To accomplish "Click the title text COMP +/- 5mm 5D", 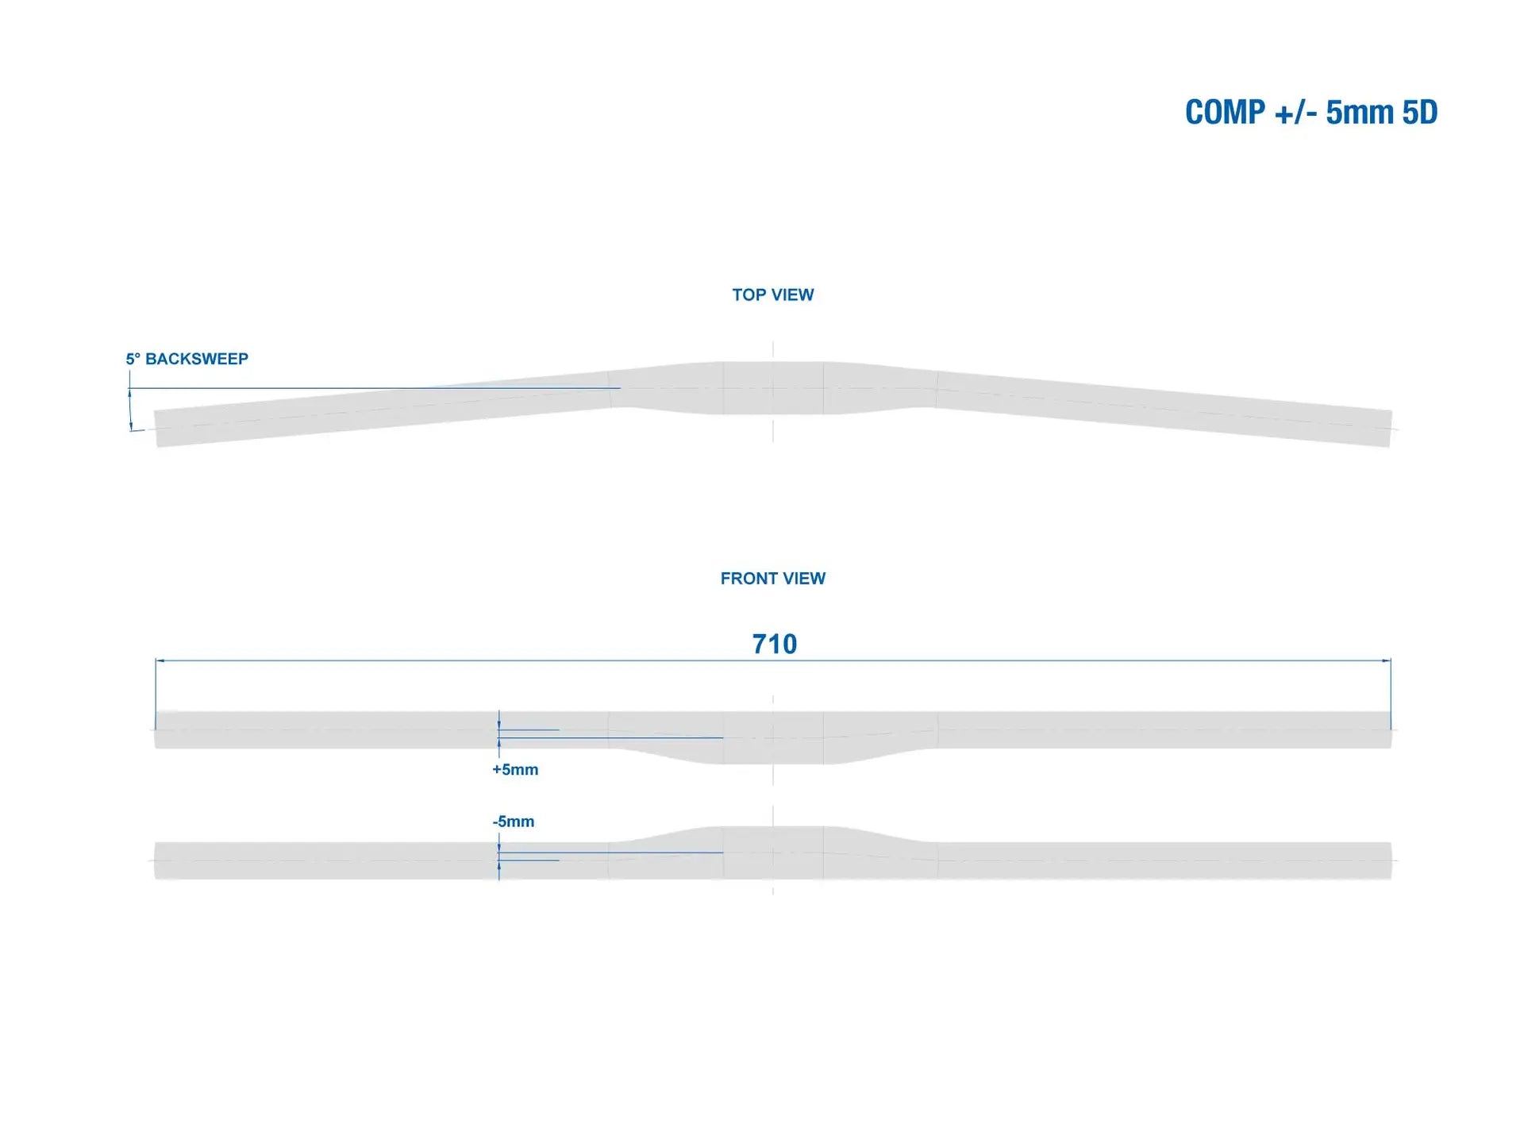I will click(x=1310, y=113).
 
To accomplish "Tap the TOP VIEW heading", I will click(x=772, y=295).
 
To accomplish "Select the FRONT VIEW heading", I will click(x=772, y=579).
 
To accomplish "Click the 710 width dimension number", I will click(x=774, y=644).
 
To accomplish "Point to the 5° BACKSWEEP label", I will click(x=187, y=359).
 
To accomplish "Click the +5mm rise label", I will click(x=515, y=770).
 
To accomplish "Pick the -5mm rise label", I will click(x=514, y=822).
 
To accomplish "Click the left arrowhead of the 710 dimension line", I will click(x=160, y=660).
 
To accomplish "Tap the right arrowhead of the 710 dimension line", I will click(x=1387, y=660).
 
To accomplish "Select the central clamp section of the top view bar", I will click(x=772, y=388).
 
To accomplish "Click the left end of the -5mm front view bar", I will click(x=167, y=860).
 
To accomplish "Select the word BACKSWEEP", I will click(x=197, y=359).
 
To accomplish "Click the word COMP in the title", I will click(x=1225, y=113).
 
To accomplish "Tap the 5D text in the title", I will click(x=1419, y=113).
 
